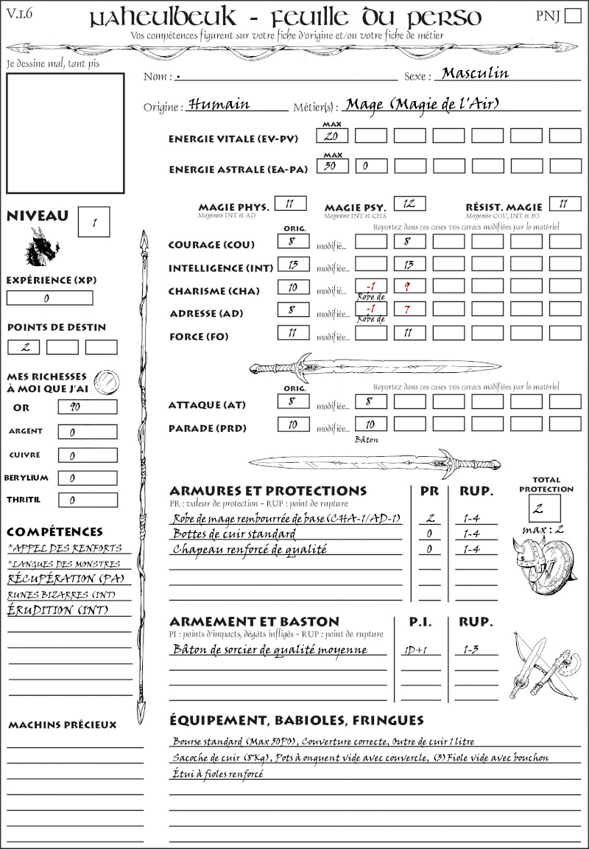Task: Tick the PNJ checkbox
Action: tap(572, 16)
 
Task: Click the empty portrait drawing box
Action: tap(65, 133)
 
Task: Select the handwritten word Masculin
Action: tap(475, 73)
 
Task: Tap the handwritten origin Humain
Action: tap(219, 104)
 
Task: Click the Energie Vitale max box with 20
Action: tap(332, 136)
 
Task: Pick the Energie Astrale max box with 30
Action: tap(332, 166)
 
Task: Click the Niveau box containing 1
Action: tap(95, 221)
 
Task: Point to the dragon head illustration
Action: tap(42, 247)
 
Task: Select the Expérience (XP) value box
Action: tap(49, 298)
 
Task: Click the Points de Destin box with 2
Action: tap(24, 347)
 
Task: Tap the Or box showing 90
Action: tap(87, 407)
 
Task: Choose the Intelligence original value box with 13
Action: tap(293, 264)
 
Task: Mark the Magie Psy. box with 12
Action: tap(409, 203)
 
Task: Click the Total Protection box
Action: tap(544, 509)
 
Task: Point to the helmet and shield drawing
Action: tap(545, 567)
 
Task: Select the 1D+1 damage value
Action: tap(412, 650)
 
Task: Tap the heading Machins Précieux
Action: tap(62, 725)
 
